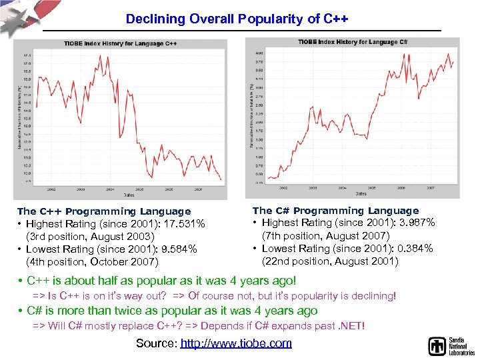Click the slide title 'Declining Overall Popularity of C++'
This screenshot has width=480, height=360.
pos(237,19)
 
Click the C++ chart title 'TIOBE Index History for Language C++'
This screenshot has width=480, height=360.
pos(120,44)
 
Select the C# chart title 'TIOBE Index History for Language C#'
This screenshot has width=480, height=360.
pos(354,42)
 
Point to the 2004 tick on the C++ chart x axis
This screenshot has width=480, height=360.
pos(111,189)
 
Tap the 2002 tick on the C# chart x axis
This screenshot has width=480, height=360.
pos(285,187)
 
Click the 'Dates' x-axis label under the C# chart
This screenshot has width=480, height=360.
pos(360,193)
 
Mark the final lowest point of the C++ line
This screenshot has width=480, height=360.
pos(221,179)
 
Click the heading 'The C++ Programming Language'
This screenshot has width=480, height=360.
pos(104,211)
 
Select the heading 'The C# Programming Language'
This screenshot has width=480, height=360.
pos(335,211)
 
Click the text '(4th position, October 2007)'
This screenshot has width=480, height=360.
pos(92,262)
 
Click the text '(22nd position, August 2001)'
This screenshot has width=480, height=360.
pos(330,261)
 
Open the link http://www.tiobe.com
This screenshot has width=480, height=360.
pos(236,343)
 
